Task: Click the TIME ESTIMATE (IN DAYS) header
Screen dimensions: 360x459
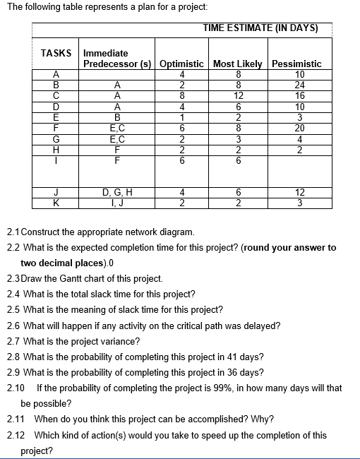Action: click(x=260, y=28)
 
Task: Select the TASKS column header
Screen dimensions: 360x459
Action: click(x=56, y=53)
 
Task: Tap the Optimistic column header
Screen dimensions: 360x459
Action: click(x=182, y=64)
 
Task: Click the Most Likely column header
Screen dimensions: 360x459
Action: click(x=238, y=64)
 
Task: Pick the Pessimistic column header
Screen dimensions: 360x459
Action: click(x=296, y=64)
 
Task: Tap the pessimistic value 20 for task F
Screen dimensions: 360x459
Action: click(x=300, y=129)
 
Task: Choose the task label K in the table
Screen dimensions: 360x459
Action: click(x=56, y=203)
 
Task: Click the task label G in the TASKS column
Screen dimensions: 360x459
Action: click(x=56, y=139)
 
